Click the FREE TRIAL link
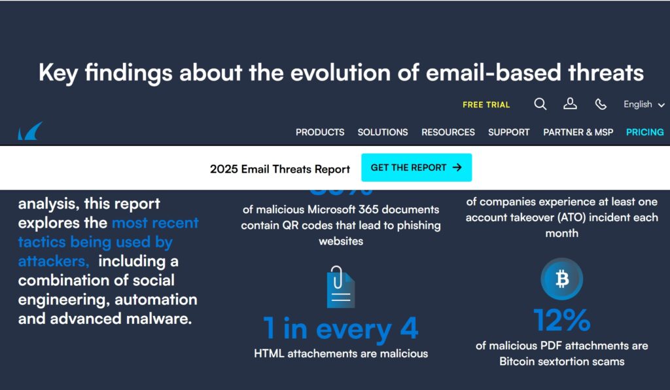click(485, 105)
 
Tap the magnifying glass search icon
click(540, 104)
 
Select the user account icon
click(570, 104)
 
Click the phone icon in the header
click(601, 104)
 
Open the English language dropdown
click(644, 104)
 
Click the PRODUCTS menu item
click(320, 132)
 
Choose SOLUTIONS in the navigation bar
click(383, 132)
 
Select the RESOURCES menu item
click(448, 132)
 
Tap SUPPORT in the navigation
click(509, 132)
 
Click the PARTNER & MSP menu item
click(578, 132)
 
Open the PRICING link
click(645, 132)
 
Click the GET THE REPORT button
click(416, 168)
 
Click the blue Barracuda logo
click(30, 131)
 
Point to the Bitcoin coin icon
click(561, 279)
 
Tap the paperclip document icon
click(340, 287)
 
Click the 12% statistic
click(561, 320)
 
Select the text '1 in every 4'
click(340, 328)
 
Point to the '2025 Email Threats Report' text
click(280, 169)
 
